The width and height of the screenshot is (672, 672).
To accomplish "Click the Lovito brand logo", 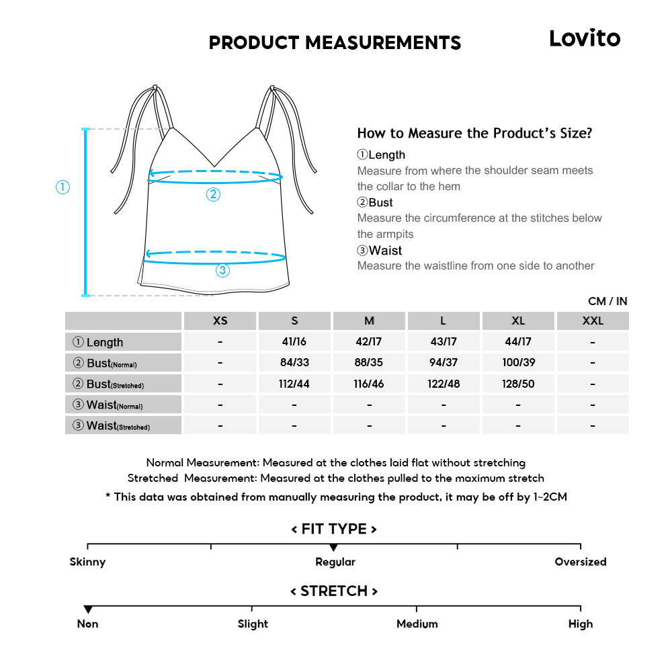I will click(585, 38).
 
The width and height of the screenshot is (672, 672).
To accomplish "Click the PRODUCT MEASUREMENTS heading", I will click(335, 43).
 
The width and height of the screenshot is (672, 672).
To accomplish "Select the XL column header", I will click(518, 321).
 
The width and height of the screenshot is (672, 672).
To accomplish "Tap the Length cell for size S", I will click(294, 342).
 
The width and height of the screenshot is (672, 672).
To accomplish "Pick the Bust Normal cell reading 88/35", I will click(369, 363).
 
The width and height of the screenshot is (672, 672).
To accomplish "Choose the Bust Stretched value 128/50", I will click(518, 384).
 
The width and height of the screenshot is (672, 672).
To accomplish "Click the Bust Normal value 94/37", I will click(444, 363).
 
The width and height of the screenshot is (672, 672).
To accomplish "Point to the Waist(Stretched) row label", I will click(112, 426).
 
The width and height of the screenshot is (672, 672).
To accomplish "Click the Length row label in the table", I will click(98, 342).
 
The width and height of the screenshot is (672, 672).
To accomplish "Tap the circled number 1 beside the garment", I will click(62, 187).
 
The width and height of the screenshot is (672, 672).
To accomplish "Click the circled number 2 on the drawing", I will click(213, 195).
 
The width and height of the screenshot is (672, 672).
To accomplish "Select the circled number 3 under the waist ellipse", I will click(222, 271).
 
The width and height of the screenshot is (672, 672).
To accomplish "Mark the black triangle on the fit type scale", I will click(334, 548).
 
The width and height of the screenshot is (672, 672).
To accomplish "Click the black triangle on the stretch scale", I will click(88, 610).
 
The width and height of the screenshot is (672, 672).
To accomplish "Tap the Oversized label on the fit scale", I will click(580, 562).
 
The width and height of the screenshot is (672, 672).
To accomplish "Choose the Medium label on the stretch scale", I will click(417, 624).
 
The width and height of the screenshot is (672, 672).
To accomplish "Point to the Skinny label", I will click(88, 562).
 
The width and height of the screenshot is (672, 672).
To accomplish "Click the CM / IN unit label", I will click(607, 302).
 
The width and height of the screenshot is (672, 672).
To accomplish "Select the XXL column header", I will click(593, 321).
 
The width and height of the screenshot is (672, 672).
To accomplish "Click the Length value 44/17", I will click(518, 342).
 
